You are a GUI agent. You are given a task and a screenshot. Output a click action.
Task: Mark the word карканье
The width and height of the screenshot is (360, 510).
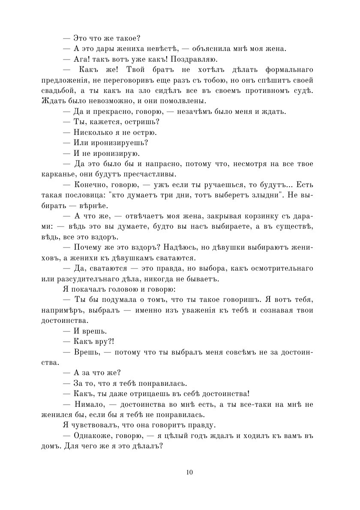click(59, 174)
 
